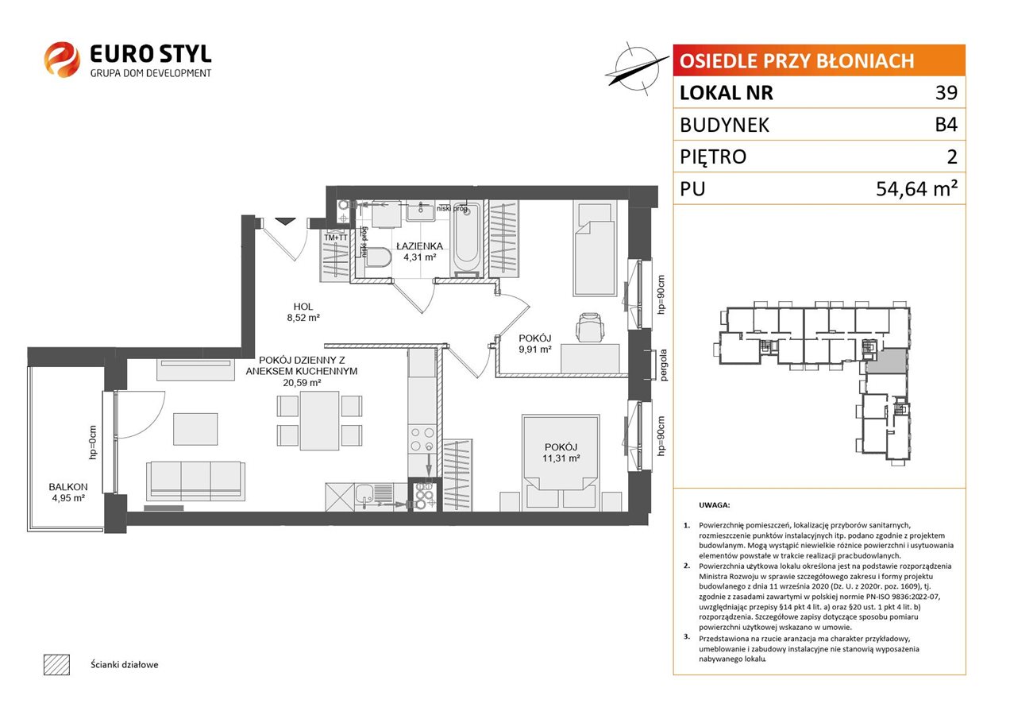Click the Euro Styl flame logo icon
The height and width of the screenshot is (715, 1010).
(62, 59)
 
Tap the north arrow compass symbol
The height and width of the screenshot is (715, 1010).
(636, 69)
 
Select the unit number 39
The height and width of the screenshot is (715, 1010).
(946, 92)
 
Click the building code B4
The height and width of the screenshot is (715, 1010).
(946, 125)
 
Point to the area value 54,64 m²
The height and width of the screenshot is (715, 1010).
(916, 188)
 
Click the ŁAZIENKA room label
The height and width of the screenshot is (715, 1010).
(419, 246)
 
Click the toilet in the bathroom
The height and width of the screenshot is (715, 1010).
(379, 257)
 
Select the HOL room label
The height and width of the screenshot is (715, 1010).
(303, 307)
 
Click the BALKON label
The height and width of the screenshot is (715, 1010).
(68, 487)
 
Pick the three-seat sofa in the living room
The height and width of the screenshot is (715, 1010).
(195, 481)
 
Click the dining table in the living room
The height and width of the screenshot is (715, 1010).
(320, 420)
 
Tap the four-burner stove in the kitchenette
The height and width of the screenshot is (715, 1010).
(422, 439)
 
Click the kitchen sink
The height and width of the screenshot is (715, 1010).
(372, 497)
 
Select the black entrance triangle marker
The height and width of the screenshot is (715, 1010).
(285, 222)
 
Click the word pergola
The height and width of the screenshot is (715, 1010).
(663, 365)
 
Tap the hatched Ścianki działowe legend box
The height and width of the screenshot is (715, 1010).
(57, 664)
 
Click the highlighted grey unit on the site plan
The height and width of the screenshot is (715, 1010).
(886, 361)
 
